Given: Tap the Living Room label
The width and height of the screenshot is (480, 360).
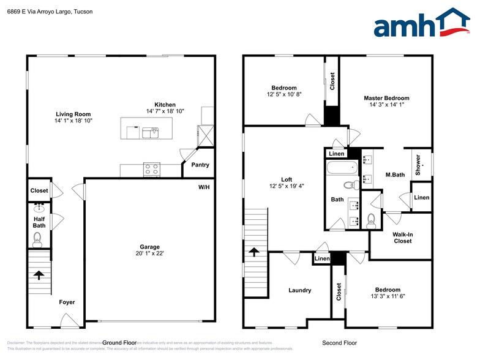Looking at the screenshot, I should point(73,114).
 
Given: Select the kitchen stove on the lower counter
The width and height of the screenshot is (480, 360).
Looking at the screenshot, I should point(151,169).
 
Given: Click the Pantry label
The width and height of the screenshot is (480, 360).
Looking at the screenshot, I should point(200,165).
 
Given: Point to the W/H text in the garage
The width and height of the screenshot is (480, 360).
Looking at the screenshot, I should point(204,187).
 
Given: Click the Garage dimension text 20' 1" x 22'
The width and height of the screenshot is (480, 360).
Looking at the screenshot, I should point(150,253).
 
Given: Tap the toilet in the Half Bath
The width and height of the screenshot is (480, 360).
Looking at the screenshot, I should point(37,238).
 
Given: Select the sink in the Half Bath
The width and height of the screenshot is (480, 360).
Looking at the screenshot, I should point(40,206).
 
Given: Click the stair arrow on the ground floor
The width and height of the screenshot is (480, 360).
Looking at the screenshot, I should point(38,275).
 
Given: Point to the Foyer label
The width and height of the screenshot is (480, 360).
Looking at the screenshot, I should point(67,302).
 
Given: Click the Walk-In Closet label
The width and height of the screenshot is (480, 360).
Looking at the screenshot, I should point(402,237).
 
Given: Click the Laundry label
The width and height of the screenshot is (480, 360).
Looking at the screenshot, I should point(300,290).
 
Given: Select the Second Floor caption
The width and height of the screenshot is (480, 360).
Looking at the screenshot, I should point(339,343).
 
